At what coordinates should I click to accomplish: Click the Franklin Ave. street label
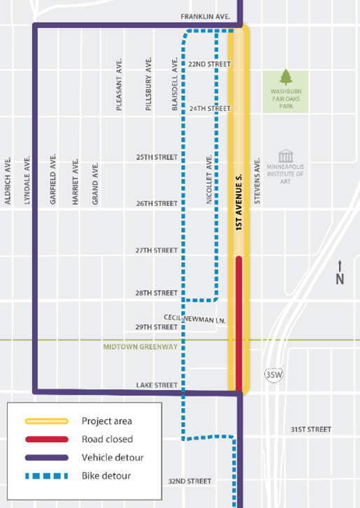pos(206,16)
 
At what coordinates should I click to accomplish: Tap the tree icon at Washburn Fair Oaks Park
pos(285,77)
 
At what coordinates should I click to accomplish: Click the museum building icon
pos(285,155)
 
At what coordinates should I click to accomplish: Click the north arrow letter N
pos(340,279)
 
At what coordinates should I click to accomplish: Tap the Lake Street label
pos(157,385)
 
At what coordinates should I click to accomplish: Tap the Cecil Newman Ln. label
pos(196,317)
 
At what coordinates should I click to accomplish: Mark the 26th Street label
pos(157,203)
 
